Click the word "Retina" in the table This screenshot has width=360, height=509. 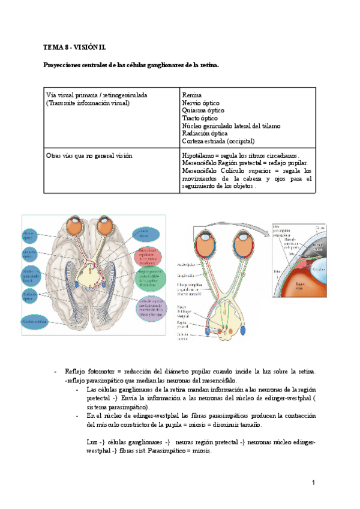point(192,95)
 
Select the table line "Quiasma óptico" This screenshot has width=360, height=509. point(203,110)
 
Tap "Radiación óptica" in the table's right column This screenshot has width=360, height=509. point(205,133)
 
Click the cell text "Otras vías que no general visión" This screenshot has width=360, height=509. point(89,155)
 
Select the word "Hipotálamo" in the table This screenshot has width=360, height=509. point(199,155)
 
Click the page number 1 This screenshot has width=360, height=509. point(313,483)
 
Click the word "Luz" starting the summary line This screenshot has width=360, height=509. point(92,442)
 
